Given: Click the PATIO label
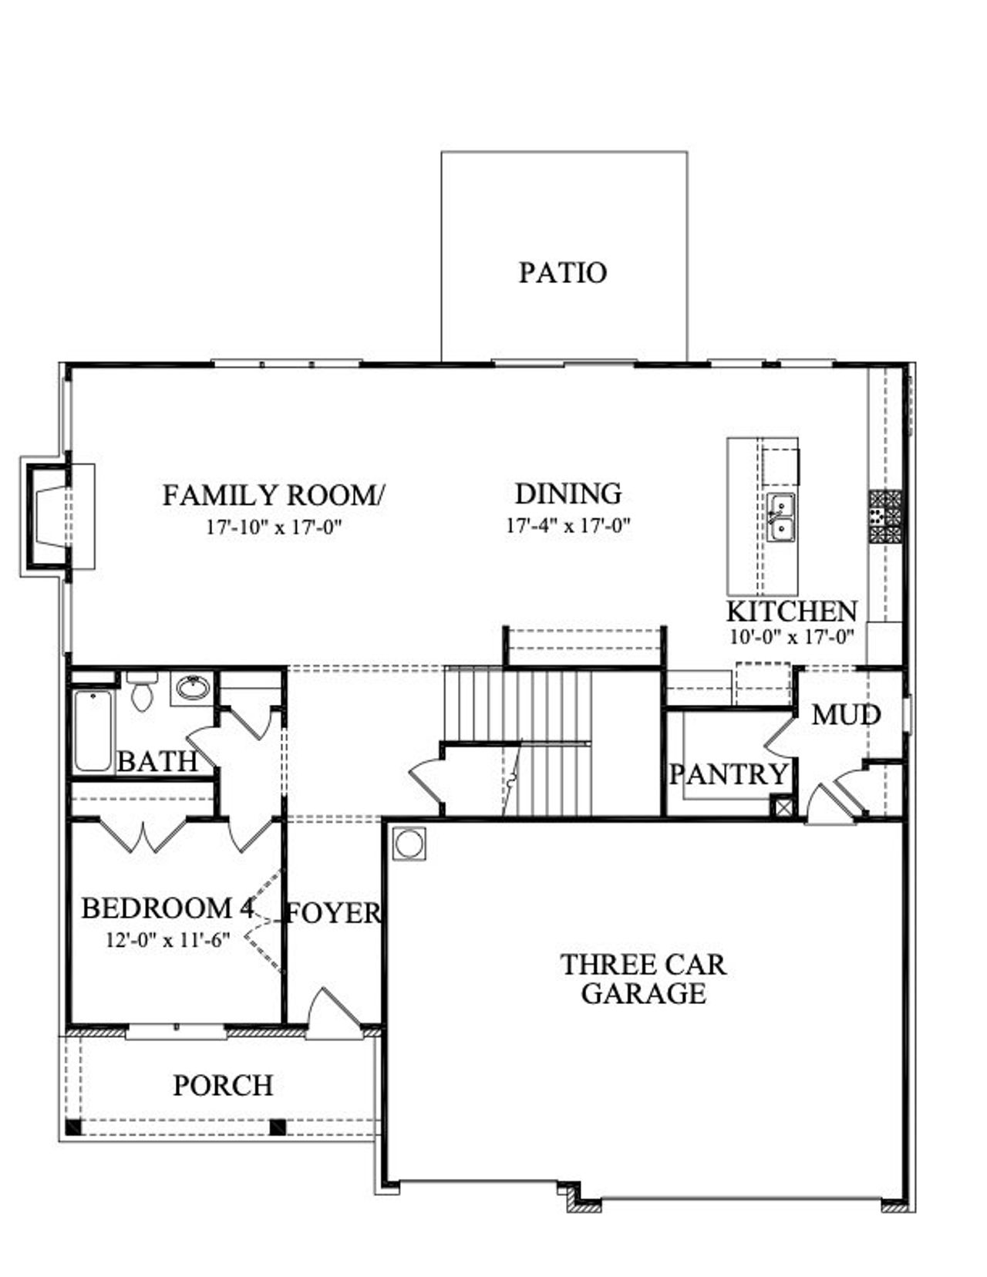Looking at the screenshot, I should [x=562, y=273].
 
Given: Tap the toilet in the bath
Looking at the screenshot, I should [x=142, y=692].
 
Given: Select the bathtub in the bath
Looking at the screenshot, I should [x=93, y=730].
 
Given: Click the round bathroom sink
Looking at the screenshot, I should [x=192, y=686].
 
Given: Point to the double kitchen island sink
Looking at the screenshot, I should [x=780, y=517].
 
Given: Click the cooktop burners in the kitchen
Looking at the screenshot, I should [x=885, y=516].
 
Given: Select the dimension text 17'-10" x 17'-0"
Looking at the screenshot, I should [x=273, y=528].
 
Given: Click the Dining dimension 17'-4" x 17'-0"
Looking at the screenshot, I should [x=568, y=527].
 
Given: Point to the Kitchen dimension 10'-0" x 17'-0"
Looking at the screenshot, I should [x=791, y=638].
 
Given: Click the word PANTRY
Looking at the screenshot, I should [x=728, y=774].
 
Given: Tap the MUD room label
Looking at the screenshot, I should [x=845, y=716].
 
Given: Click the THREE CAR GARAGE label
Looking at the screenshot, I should [x=643, y=979].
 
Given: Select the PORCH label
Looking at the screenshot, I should [x=223, y=1086].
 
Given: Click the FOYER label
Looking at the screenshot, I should [x=333, y=914].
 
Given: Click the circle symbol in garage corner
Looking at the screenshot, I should [x=409, y=844].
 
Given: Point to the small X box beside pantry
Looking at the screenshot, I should [x=783, y=808].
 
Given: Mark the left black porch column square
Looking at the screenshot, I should [x=73, y=1127].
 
